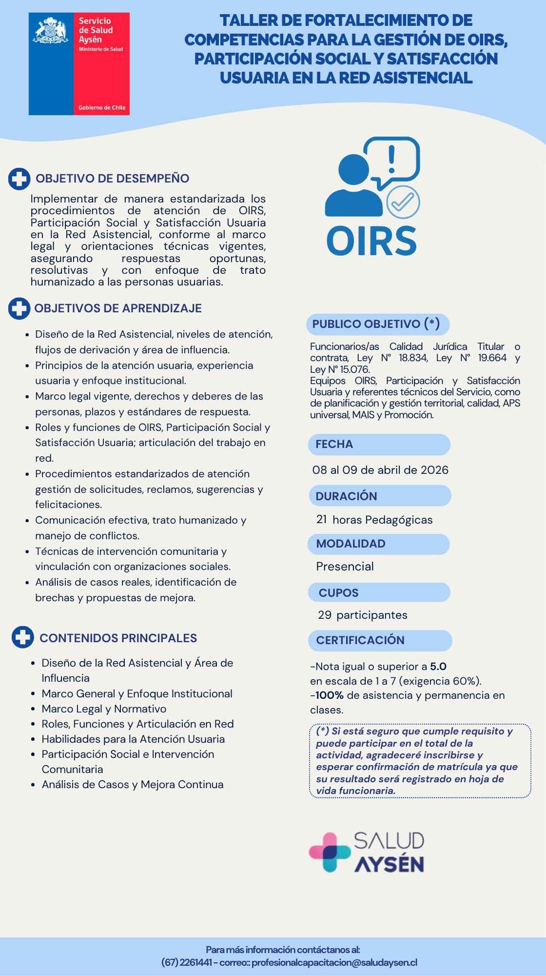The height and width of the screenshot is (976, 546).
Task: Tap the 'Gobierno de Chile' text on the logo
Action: [x=102, y=107]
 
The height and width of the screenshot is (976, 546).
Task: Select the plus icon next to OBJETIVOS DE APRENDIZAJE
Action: [x=19, y=309]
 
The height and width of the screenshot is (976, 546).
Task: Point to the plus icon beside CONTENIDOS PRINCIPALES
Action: [x=22, y=638]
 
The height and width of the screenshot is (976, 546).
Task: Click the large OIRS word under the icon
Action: [x=371, y=240]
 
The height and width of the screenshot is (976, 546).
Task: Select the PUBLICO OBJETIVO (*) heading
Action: [x=376, y=324]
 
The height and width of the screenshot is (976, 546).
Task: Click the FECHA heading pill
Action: [x=378, y=444]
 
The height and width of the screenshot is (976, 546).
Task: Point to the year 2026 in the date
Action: [x=434, y=470]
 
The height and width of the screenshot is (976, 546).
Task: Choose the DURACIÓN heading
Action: [x=379, y=496]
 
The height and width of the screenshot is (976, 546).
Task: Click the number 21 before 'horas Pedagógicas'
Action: [x=322, y=520]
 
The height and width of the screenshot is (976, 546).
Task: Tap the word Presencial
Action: [x=345, y=567]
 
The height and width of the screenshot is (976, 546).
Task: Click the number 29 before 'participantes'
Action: [x=325, y=615]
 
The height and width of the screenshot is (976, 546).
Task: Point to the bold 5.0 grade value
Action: [x=438, y=667]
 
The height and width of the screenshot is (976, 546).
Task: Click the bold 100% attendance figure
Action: [x=329, y=695]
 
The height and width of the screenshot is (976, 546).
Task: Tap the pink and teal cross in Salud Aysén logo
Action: [x=330, y=852]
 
